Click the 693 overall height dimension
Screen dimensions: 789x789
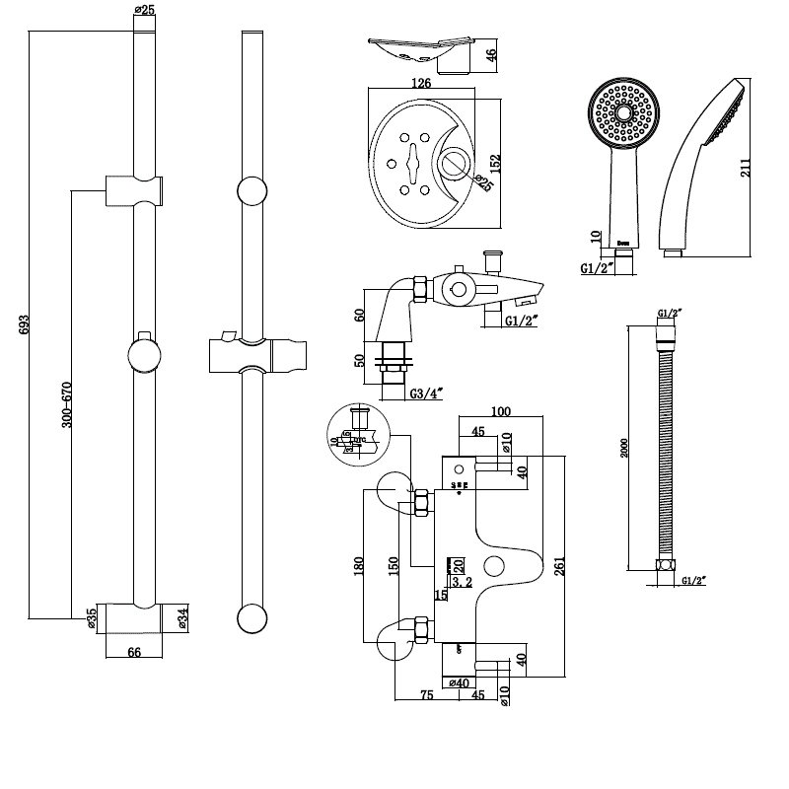[x=25, y=325]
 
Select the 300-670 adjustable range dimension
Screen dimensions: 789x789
[x=67, y=404]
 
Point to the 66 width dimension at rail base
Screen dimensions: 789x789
[x=135, y=652]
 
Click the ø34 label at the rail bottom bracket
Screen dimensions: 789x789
[x=182, y=619]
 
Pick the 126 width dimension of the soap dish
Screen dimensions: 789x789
[x=421, y=84]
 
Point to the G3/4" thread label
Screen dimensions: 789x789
[x=427, y=394]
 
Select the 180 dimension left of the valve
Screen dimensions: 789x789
[x=359, y=565]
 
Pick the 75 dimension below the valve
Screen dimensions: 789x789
[x=427, y=694]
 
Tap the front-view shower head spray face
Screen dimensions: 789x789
[x=621, y=114]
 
